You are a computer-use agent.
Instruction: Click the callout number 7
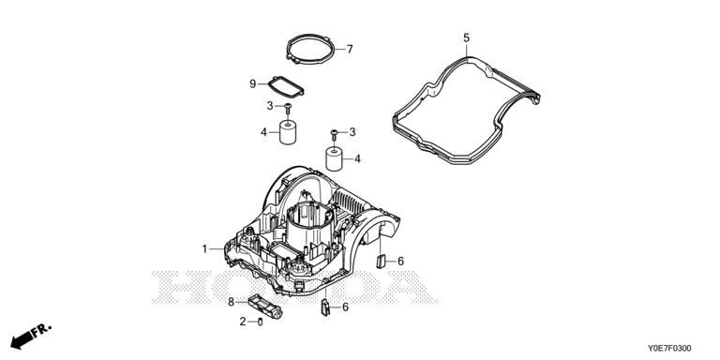coord(350,49)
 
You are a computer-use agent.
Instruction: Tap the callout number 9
coord(252,84)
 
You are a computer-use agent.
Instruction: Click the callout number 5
coord(467,38)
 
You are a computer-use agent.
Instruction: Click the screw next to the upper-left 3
coord(288,109)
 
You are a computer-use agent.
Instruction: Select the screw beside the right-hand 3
coord(335,135)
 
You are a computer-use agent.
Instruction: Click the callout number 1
coord(204,248)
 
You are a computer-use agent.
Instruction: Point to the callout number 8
coord(231,302)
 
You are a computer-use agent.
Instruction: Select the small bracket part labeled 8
coord(265,307)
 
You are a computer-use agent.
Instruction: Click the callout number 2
coord(243,322)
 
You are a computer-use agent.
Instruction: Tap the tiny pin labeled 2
coord(261,322)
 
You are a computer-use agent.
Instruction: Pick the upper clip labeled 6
coord(381,262)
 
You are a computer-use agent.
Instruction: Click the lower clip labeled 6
coord(325,307)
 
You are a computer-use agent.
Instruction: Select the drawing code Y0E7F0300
coord(669,349)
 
